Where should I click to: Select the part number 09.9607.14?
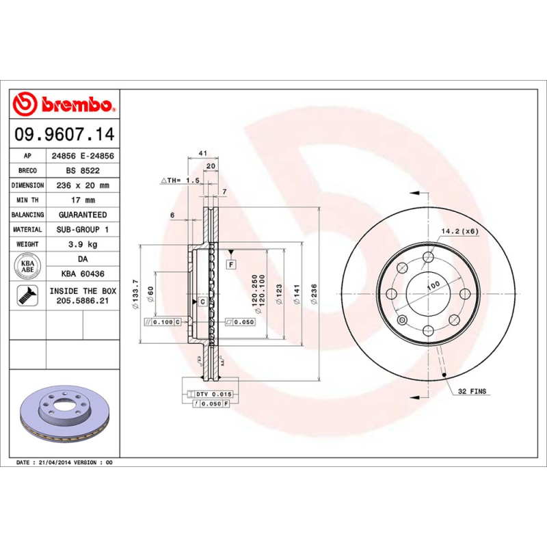point(65,134)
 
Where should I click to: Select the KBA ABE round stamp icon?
point(28,265)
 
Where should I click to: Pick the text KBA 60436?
point(82,273)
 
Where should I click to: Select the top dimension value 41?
point(202,152)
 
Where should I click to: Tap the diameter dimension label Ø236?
point(314,294)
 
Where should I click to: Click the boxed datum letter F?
point(231,263)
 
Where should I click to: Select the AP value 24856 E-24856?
point(82,156)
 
